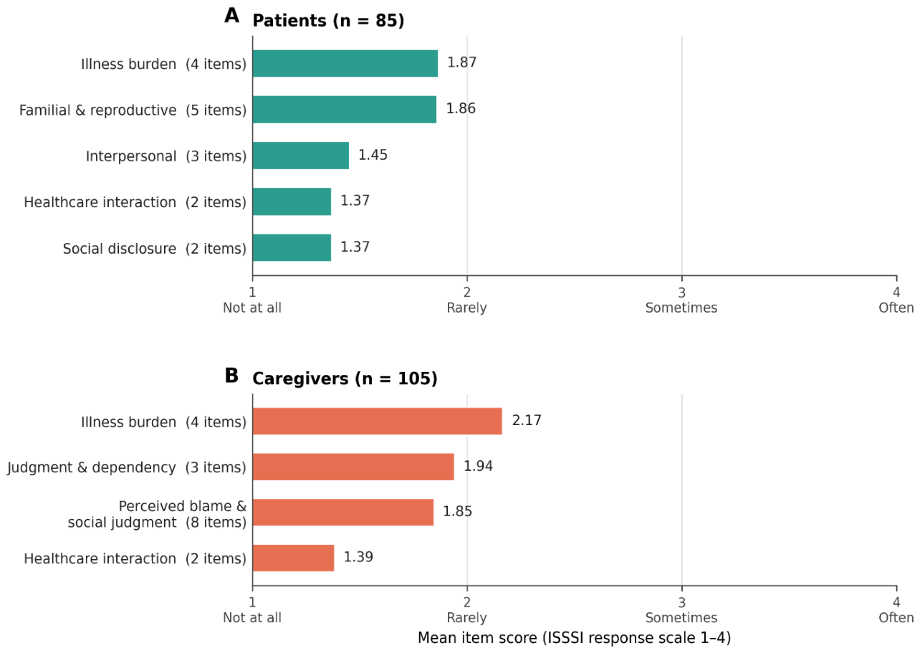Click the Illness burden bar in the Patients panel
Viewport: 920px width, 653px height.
pyautogui.click(x=345, y=64)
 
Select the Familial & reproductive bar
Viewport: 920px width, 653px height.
pyautogui.click(x=345, y=110)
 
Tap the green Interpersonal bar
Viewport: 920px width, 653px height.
pyautogui.click(x=301, y=156)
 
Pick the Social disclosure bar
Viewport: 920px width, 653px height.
pyautogui.click(x=292, y=248)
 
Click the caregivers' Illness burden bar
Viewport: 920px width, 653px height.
pyautogui.click(x=378, y=421)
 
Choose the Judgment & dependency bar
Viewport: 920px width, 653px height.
pyautogui.click(x=354, y=467)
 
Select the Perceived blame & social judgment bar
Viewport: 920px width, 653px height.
pyautogui.click(x=343, y=513)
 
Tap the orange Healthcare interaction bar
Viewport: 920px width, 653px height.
pyautogui.click(x=294, y=558)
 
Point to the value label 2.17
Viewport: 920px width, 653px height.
pyautogui.click(x=527, y=421)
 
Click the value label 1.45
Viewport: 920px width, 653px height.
pyautogui.click(x=373, y=155)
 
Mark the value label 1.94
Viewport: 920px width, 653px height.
pyautogui.click(x=479, y=466)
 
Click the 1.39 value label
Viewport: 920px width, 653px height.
pyautogui.click(x=358, y=557)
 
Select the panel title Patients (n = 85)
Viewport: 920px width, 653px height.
pyautogui.click(x=329, y=21)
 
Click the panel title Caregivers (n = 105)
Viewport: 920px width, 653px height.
pyautogui.click(x=345, y=378)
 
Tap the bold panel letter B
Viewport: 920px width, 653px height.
pyautogui.click(x=231, y=376)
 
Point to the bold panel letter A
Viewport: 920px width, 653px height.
pyautogui.click(x=232, y=16)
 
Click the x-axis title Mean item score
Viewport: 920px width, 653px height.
pyautogui.click(x=574, y=638)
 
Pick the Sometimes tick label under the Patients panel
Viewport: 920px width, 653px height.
pyautogui.click(x=681, y=308)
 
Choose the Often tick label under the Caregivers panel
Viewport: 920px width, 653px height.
pyautogui.click(x=896, y=618)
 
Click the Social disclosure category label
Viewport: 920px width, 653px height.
pyautogui.click(x=120, y=249)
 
